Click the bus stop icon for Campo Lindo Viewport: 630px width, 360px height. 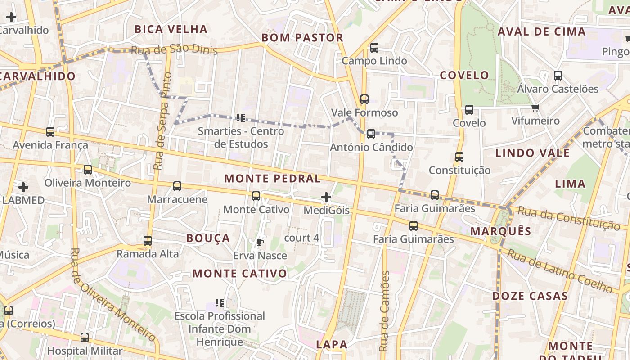tap(374, 48)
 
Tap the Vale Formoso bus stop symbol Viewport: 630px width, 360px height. tap(364, 99)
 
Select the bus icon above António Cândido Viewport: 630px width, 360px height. tap(371, 134)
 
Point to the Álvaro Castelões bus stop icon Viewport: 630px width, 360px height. tap(558, 76)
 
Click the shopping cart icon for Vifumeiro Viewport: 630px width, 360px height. tap(535, 108)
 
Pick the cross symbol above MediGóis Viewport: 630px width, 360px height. tap(326, 197)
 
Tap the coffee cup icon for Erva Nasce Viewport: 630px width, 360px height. tap(260, 243)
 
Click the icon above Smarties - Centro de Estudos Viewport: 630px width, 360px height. tap(241, 118)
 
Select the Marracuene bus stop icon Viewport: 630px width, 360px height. tap(177, 186)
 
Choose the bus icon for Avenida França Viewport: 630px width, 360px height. tap(50, 132)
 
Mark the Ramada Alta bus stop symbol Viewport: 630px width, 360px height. tap(148, 241)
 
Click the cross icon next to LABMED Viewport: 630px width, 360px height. tap(23, 187)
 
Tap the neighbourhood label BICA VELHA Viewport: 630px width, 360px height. tap(171, 30)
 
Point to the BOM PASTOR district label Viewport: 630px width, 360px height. tap(302, 38)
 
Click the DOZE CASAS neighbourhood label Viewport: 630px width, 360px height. tap(530, 296)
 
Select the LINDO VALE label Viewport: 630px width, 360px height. tap(532, 153)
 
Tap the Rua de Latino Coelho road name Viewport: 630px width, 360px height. tap(560, 270)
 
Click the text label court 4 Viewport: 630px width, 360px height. tap(301, 238)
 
